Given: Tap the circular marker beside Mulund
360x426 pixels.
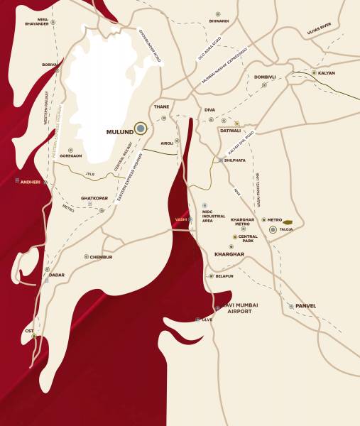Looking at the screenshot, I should pyautogui.click(x=141, y=129).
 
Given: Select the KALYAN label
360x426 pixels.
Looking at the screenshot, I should pyautogui.click(x=326, y=73).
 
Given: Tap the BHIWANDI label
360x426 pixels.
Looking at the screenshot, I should pyautogui.click(x=218, y=21).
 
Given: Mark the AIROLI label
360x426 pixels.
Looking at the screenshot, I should pyautogui.click(x=167, y=143).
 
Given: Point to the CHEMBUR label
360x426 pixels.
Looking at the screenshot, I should pyautogui.click(x=101, y=257).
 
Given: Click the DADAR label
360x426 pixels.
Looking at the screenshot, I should pyautogui.click(x=56, y=275).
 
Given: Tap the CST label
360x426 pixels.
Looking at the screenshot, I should pyautogui.click(x=28, y=330).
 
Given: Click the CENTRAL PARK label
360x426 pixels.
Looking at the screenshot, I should pyautogui.click(x=248, y=239).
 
